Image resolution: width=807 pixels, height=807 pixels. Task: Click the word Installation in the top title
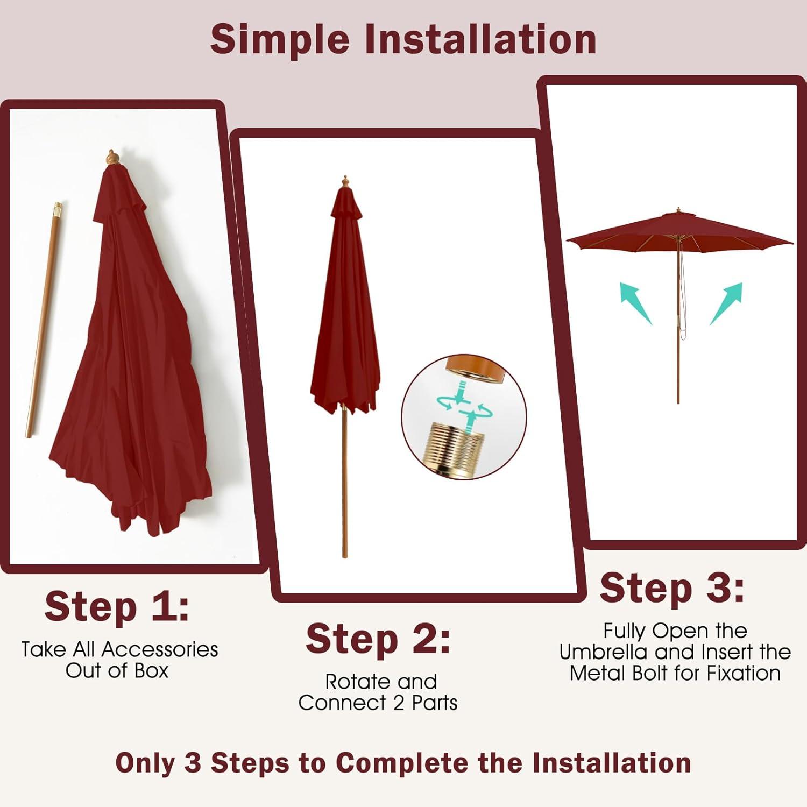coord(480,39)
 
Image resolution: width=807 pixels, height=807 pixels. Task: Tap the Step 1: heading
coord(117,606)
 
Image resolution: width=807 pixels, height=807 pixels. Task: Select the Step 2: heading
coord(378,639)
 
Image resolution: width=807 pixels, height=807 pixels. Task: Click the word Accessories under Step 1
coord(160,649)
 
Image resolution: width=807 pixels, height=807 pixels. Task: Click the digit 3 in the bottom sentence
coord(193,763)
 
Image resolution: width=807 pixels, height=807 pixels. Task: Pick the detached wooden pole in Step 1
coord(43,320)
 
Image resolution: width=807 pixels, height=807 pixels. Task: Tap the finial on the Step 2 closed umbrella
coord(345,181)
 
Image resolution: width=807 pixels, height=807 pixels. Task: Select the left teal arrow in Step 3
coord(635,303)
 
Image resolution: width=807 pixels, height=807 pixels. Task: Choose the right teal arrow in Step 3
coord(726,303)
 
